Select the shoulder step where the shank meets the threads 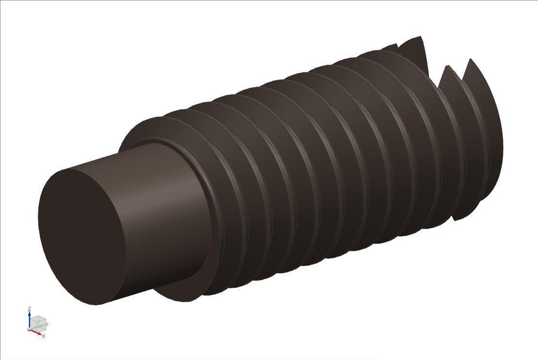[194, 160]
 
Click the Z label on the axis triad [30, 309]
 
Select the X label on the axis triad [44, 336]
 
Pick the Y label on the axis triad [47, 324]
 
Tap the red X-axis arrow [37, 332]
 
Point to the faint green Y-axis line [39, 326]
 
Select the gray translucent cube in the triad [38, 322]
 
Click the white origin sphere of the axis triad [30, 329]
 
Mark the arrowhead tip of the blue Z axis [30, 313]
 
